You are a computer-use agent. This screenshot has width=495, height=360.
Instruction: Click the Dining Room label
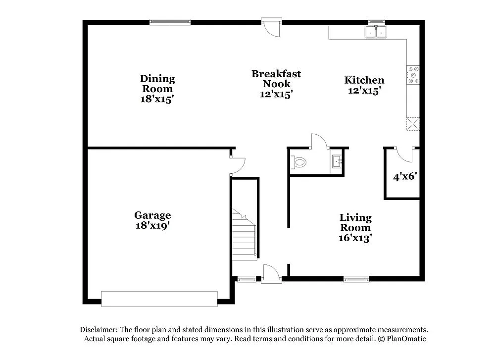click(x=157, y=89)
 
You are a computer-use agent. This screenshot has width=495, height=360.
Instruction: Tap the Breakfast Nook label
click(x=276, y=84)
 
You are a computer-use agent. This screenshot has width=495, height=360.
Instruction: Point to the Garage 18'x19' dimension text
click(x=152, y=225)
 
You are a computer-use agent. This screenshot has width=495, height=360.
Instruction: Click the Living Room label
click(x=355, y=227)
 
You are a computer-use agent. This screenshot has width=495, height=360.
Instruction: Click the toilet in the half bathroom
click(x=299, y=161)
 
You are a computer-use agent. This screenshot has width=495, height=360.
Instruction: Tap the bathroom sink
click(x=337, y=161)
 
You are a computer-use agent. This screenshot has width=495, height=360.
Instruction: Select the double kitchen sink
click(x=376, y=32)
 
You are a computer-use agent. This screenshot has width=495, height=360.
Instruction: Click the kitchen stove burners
click(x=413, y=75)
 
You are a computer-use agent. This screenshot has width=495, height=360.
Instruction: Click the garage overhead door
click(x=159, y=299)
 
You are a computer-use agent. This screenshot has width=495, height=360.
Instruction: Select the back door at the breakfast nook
click(x=272, y=27)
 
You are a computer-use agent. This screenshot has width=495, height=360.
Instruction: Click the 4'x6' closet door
click(x=405, y=154)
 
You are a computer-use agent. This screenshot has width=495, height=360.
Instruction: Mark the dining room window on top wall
click(x=170, y=22)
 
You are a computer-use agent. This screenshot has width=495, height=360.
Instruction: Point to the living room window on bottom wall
click(x=356, y=279)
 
